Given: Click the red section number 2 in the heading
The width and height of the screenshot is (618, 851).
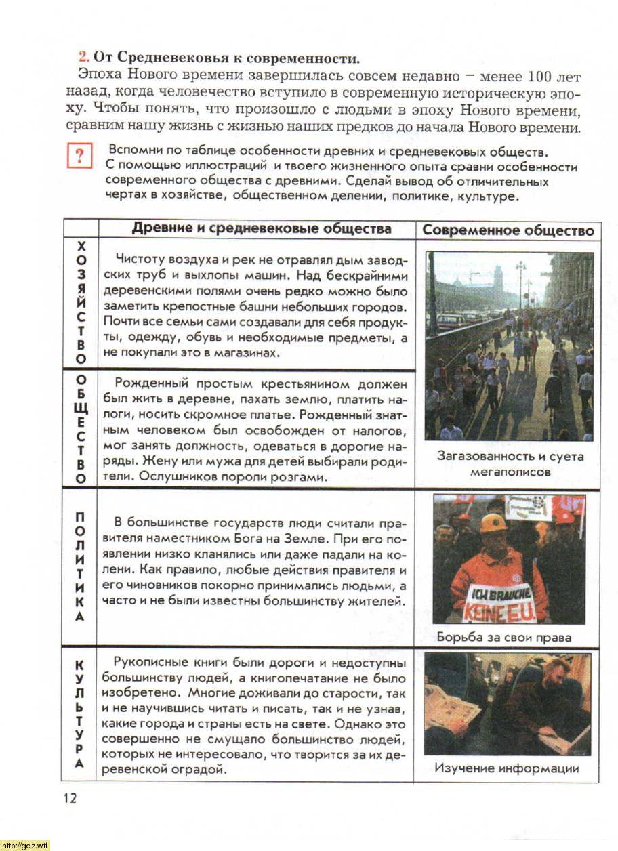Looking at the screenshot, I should point(84,57).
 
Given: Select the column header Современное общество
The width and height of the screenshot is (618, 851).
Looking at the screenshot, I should point(508,230).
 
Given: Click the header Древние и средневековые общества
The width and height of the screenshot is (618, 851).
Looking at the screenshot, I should point(262,228).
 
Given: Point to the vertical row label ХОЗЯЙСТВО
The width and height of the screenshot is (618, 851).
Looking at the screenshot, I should point(81,301).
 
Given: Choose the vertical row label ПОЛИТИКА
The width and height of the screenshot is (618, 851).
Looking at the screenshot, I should point(81,567).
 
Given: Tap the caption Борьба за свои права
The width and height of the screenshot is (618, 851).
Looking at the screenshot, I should point(504,637).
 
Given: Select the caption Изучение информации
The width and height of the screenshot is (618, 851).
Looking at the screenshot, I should point(507,768).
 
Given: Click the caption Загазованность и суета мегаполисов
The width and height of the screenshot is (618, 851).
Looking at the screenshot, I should point(510,463).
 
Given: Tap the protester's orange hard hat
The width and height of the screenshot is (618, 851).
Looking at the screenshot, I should point(493,522).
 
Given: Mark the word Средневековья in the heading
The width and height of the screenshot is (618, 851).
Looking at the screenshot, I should point(176,57).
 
